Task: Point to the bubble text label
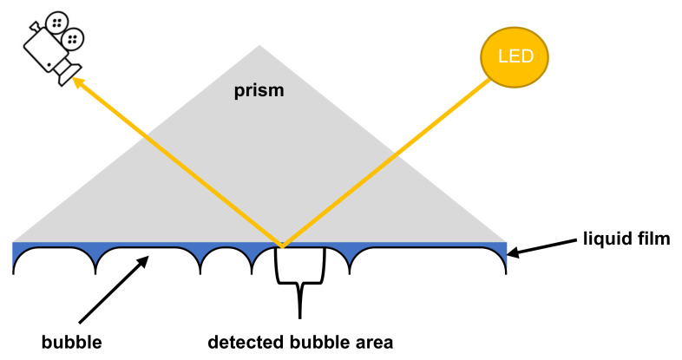(x=71, y=341)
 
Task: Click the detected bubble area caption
(x=300, y=341)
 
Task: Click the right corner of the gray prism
(x=504, y=241)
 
